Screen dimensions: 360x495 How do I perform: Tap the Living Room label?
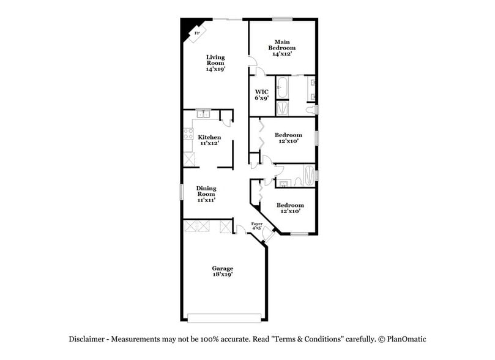(215, 63)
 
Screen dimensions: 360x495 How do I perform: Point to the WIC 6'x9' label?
(261, 94)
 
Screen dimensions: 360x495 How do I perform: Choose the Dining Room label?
(206, 193)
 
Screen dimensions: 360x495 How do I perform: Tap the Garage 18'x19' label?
(222, 271)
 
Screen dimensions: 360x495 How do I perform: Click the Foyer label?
(257, 226)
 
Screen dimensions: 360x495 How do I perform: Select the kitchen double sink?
(203, 114)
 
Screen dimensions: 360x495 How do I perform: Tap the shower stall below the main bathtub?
(283, 108)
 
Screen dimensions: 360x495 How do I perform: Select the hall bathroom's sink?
(283, 182)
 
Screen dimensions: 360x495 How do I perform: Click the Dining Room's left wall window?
(181, 191)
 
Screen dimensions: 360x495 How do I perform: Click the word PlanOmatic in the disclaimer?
(404, 339)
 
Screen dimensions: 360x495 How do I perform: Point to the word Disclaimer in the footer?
(86, 339)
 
